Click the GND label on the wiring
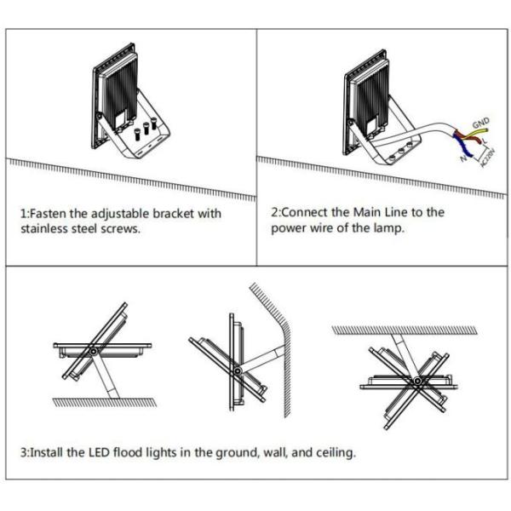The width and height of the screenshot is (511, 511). [480, 123]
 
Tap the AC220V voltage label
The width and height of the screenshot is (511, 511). [488, 158]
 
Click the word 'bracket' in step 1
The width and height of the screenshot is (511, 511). [174, 214]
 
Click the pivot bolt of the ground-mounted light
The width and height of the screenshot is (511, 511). [94, 351]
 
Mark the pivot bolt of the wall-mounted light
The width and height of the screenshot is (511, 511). [238, 370]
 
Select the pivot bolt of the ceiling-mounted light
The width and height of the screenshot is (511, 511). [416, 381]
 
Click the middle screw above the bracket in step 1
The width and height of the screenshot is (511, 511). [146, 128]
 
